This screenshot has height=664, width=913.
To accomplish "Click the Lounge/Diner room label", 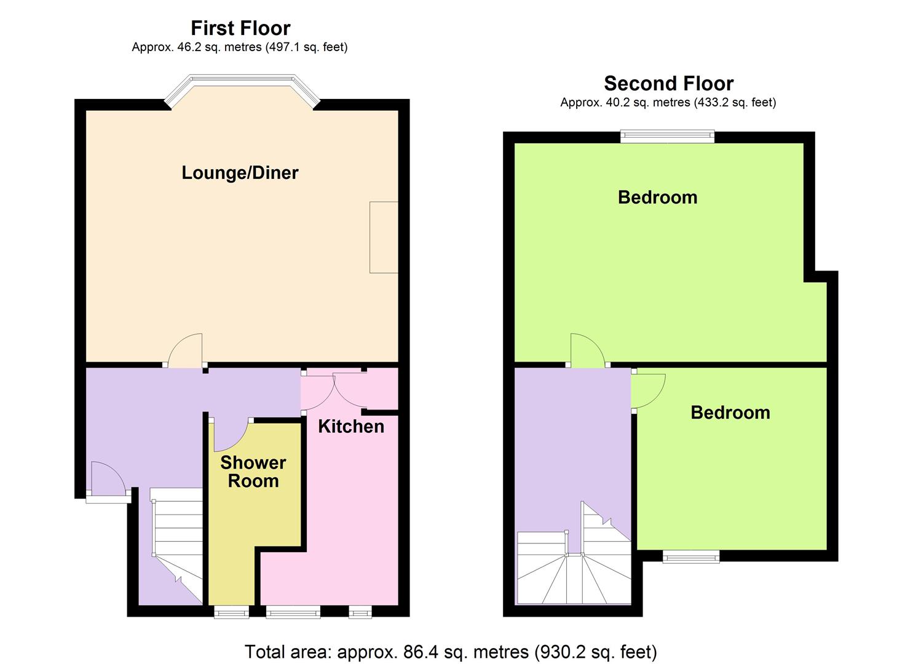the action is [240, 173].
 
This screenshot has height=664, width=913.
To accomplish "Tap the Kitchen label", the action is [351, 426].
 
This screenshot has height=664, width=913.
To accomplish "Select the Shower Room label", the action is [253, 472].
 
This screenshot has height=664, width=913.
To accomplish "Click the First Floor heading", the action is [240, 28].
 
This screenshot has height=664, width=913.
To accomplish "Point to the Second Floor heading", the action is [668, 84].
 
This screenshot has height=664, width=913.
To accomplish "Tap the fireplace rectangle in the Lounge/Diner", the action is [384, 237].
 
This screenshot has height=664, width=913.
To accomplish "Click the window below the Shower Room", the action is [232, 612].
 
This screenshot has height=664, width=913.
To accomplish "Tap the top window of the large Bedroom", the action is [667, 136].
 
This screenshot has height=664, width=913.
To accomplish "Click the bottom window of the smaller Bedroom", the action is [691, 557].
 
